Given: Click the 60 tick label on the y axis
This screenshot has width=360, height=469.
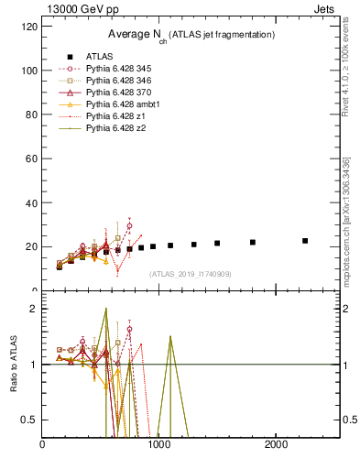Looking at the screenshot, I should click(30, 158).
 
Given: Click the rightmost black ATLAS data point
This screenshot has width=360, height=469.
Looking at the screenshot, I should click(305, 241).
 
